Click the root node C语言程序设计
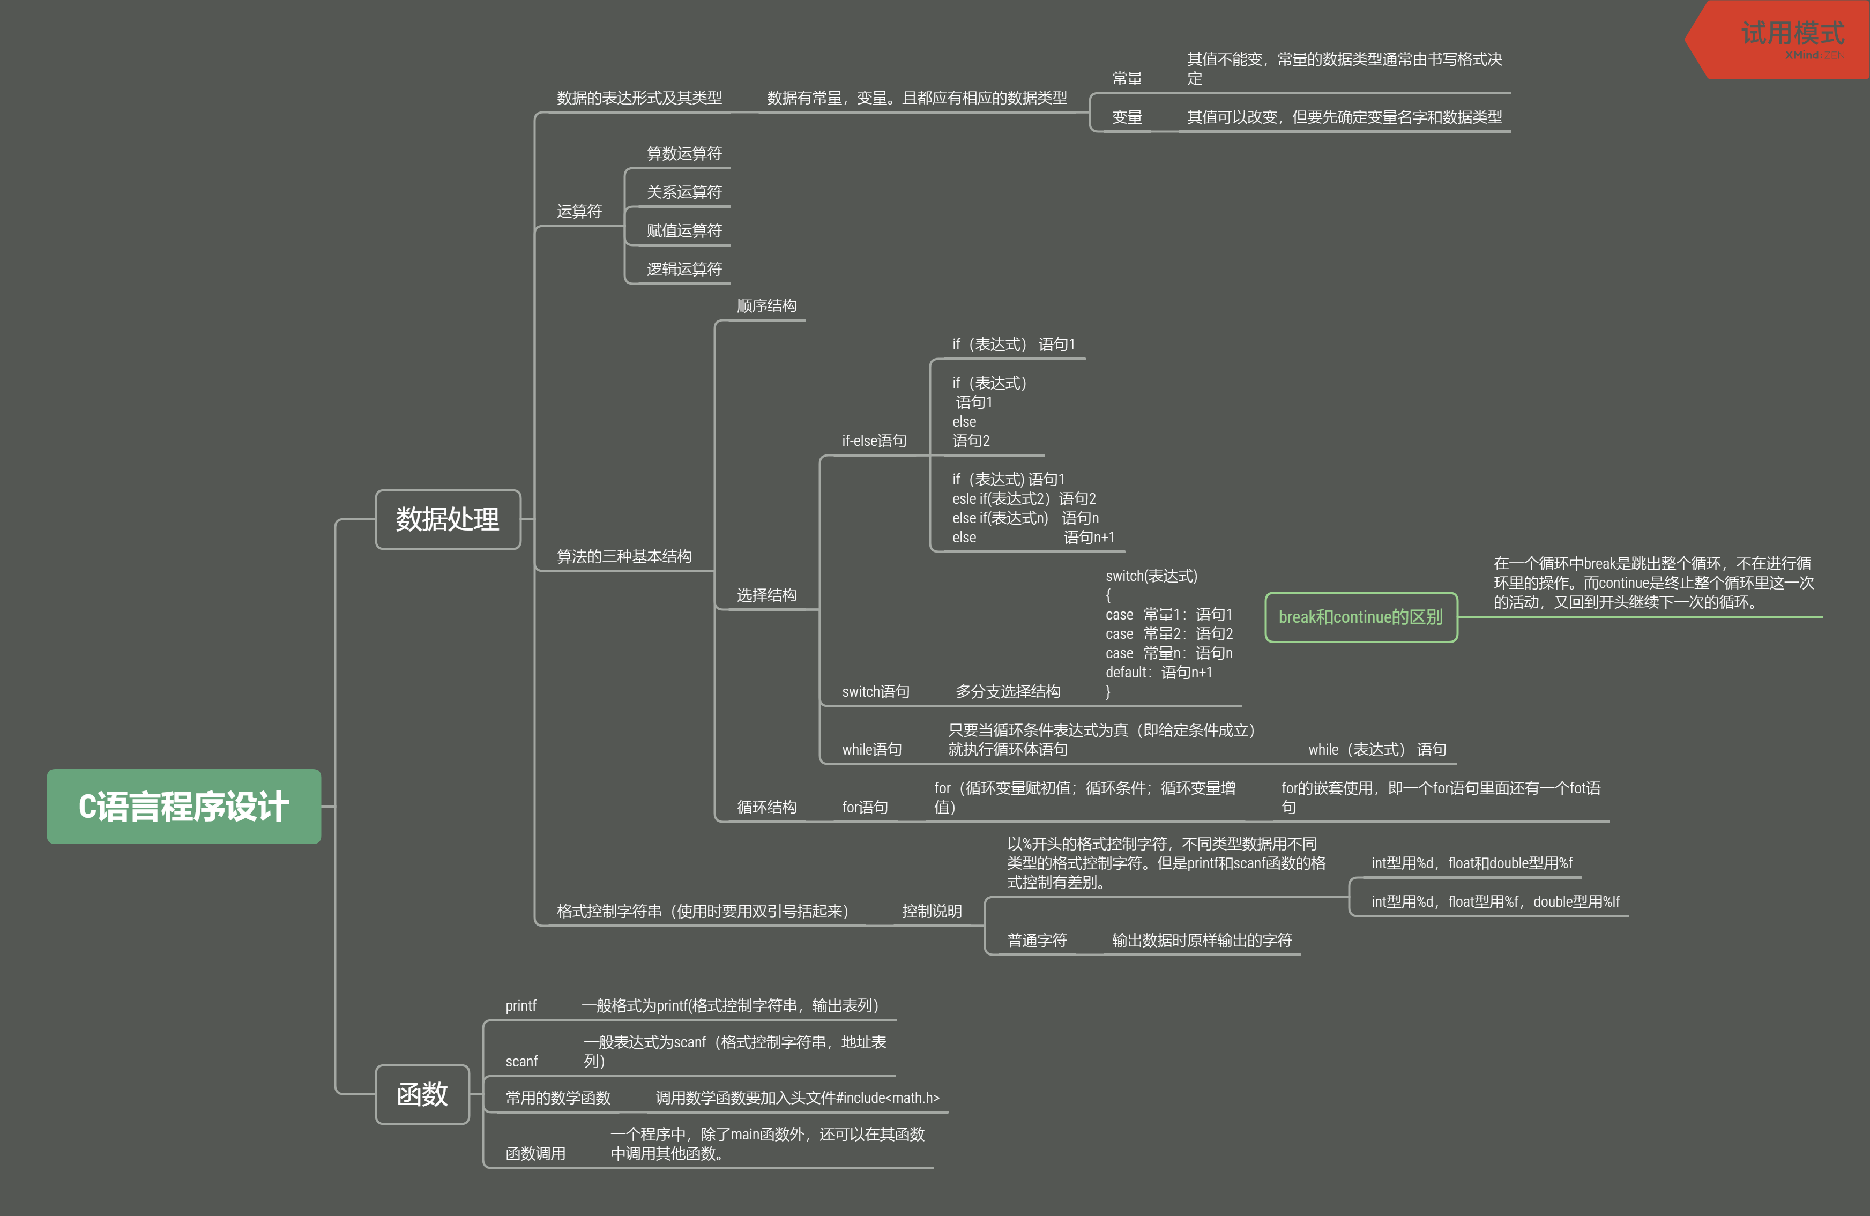(184, 807)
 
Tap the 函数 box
(422, 1094)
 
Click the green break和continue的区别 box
(1361, 617)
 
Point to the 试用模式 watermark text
(1792, 33)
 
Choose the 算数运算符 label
(683, 153)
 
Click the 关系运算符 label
(683, 192)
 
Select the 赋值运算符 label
(683, 230)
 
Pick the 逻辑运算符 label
(683, 268)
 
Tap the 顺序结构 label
(766, 305)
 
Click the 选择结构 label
(766, 595)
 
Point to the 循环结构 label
(766, 807)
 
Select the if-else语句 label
(874, 441)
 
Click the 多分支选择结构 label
(1007, 691)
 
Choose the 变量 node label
(1127, 117)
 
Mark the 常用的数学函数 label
(558, 1098)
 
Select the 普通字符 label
(1037, 941)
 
